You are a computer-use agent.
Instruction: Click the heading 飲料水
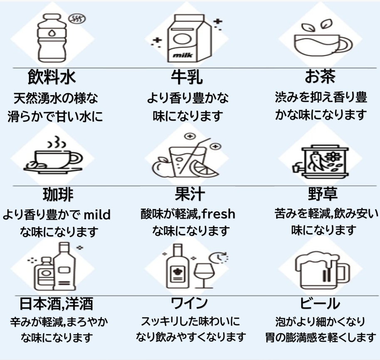click(x=52, y=77)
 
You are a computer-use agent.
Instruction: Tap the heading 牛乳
click(x=187, y=77)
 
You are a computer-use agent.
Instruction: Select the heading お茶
click(x=320, y=77)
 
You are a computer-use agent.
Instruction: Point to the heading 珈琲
click(x=58, y=194)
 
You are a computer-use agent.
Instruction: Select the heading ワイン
click(x=190, y=303)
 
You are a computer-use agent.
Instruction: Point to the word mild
click(x=97, y=215)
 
